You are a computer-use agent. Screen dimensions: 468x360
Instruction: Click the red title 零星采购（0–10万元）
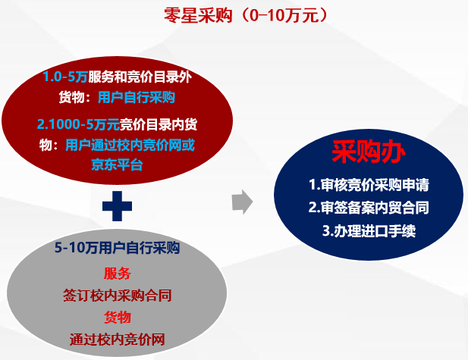coord(245,15)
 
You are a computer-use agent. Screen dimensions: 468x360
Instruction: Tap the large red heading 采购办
coord(369,152)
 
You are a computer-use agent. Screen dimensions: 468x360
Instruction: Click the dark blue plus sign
coord(117,206)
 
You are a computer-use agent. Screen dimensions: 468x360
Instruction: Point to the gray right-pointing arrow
coord(243,202)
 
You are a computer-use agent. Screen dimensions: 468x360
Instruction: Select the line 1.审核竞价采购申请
coord(369,185)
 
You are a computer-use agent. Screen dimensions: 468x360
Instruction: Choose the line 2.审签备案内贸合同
coord(369,208)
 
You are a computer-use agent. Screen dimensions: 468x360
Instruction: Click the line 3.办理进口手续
coord(369,230)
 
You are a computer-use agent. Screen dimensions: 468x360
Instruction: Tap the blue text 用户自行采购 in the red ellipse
coord(137,97)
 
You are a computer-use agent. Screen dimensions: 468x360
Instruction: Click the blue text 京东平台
coord(117,164)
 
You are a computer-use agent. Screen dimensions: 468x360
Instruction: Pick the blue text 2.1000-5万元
coord(78,124)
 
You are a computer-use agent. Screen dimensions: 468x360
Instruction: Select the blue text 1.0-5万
coord(65,77)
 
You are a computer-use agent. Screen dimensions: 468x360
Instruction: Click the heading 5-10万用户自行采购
coord(117,248)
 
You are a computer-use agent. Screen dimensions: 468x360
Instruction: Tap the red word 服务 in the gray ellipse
coord(118,273)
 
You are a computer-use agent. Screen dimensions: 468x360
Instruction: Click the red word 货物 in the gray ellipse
coord(118,317)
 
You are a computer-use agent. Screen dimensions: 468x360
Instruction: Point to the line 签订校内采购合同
coord(118,296)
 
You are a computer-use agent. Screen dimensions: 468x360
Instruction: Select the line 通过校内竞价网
coord(118,339)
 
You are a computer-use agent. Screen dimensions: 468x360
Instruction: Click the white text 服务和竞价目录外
coord(140,77)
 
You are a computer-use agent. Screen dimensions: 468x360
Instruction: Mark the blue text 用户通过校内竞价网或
coord(130,146)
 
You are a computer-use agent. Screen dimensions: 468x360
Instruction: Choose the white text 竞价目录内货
coord(159,124)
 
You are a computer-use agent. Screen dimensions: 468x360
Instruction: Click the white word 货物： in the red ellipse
coord(74,97)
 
